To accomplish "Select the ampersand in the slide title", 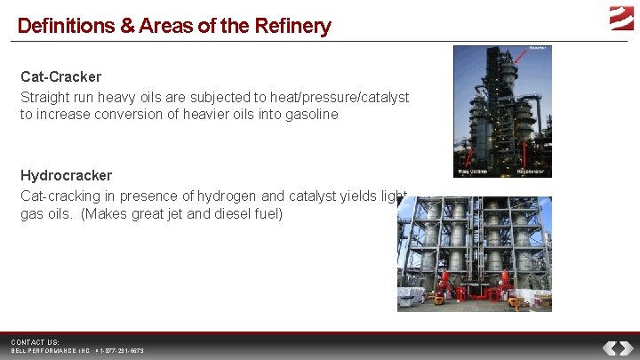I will coord(124,26).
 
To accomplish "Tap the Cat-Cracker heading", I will coord(60,77).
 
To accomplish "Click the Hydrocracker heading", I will coord(66,176).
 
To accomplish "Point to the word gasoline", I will coord(309,114).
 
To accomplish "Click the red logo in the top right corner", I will coord(621,17).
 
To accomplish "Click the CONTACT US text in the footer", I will coord(35,342).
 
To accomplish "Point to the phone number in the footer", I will coord(121,351).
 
